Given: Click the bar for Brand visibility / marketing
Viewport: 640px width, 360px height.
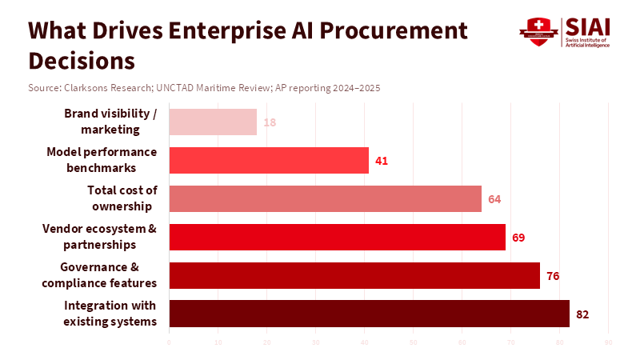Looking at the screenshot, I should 213,122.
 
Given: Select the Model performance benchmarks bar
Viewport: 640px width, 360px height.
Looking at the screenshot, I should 269,161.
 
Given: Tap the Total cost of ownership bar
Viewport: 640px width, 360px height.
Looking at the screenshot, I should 326,198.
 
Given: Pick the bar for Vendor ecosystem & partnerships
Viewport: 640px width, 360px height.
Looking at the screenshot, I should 338,237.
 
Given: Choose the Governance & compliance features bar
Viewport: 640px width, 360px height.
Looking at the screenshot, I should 354,275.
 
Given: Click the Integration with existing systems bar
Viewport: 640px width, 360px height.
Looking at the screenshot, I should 369,314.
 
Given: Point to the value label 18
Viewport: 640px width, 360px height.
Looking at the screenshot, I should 270,122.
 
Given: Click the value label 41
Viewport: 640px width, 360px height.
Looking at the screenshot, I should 382,161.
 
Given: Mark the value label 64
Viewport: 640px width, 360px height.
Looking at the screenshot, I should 494,198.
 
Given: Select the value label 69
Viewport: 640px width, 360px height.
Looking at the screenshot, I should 518,237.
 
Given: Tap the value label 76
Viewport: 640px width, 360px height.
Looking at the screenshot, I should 553,275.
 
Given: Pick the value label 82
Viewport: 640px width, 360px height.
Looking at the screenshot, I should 582,314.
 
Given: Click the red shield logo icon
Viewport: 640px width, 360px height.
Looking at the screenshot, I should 537,31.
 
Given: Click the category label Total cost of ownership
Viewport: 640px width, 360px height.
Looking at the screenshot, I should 122,198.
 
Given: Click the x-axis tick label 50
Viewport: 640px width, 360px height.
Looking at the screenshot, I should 414,343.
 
